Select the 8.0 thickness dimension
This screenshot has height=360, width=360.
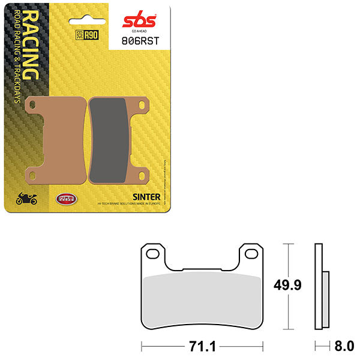pos(344,346)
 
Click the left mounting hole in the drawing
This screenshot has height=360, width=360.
pos(152,252)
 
